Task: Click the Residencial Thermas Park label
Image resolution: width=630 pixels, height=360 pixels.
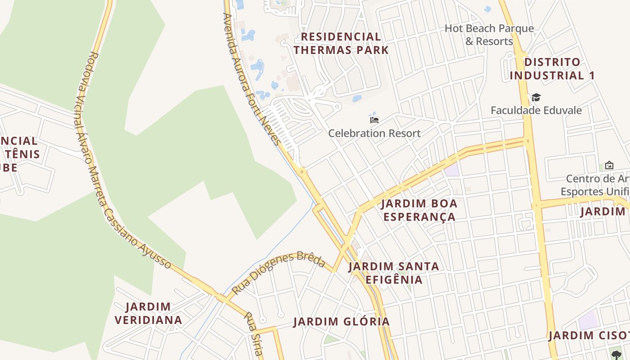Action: click(341, 43)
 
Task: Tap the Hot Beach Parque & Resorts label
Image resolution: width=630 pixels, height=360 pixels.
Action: click(489, 35)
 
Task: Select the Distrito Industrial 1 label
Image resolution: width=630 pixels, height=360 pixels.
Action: click(552, 68)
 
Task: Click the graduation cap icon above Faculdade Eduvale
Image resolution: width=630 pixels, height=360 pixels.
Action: click(536, 97)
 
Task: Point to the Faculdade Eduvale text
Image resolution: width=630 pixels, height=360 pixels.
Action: click(536, 110)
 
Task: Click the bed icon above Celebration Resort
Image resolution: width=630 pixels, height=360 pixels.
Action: click(374, 120)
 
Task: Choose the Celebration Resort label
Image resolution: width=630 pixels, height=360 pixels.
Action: click(374, 133)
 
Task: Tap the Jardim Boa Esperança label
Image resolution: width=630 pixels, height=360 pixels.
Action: click(419, 210)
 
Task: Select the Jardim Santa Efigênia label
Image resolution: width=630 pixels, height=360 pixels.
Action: click(394, 273)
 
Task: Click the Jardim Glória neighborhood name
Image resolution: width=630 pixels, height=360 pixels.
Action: click(342, 322)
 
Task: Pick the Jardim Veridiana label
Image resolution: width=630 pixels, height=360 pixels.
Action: click(148, 313)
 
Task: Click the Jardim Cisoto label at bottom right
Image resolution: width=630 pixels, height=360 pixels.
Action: click(589, 336)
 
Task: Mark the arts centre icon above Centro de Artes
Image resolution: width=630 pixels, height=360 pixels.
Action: click(609, 165)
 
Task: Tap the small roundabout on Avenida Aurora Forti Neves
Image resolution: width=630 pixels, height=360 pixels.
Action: click(302, 171)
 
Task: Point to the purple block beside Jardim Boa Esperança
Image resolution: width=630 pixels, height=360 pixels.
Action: click(451, 170)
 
